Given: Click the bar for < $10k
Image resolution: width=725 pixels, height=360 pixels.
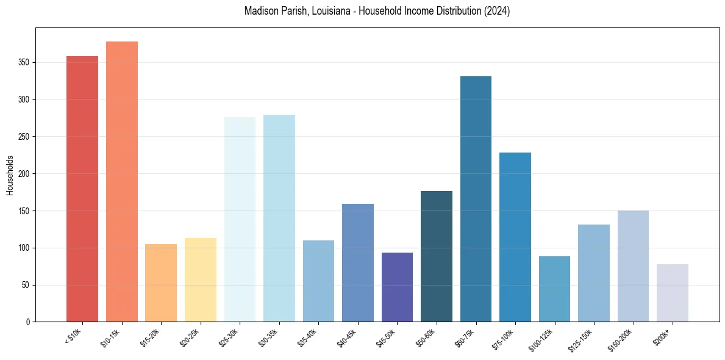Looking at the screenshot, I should pos(82,189).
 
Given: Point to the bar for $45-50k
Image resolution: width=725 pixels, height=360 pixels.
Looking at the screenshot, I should pos(397,287).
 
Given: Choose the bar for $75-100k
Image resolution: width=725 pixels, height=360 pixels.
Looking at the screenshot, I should pos(515,237).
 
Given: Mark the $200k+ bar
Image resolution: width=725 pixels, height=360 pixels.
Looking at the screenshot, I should pos(673,293).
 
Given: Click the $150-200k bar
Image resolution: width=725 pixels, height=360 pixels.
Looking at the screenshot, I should pos(633,266).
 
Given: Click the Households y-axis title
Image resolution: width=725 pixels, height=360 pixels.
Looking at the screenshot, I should pos(10,175).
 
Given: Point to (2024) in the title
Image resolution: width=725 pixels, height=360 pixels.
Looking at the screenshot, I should pos(496,11).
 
